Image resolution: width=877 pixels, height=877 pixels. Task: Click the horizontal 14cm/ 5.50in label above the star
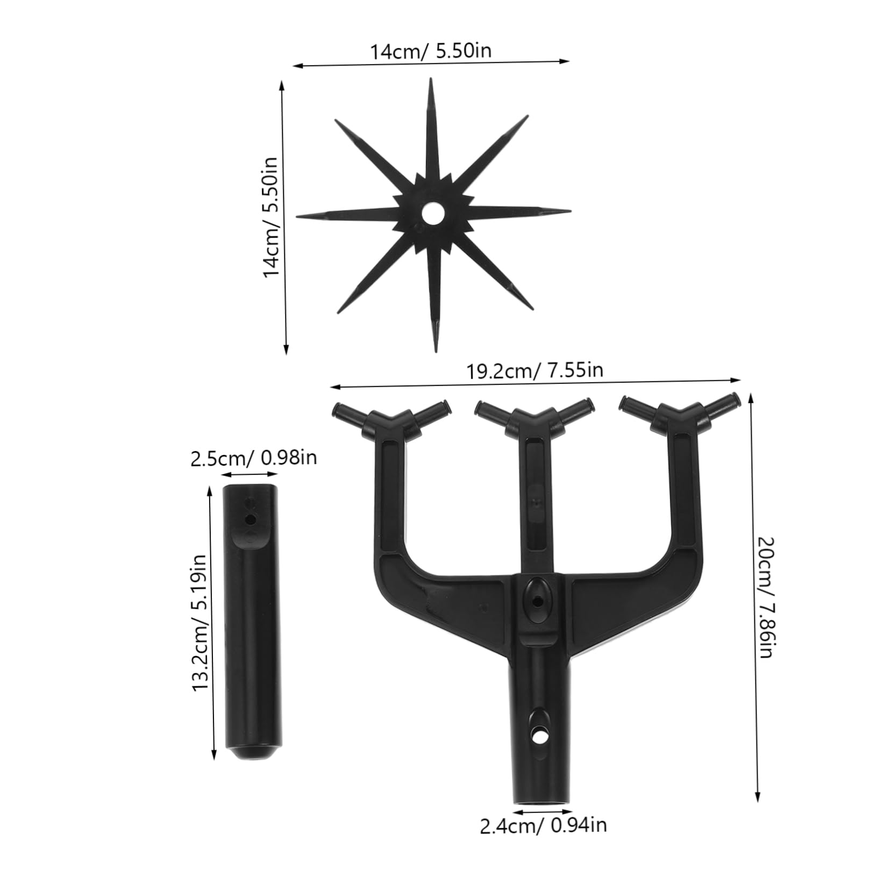[430, 51]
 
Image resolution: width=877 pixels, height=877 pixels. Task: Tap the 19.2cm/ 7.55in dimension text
[534, 370]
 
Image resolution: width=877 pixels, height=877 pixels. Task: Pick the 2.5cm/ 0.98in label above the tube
[253, 458]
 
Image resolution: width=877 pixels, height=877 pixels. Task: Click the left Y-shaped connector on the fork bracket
[391, 418]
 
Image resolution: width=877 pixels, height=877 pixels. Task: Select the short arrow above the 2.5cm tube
[249, 474]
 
